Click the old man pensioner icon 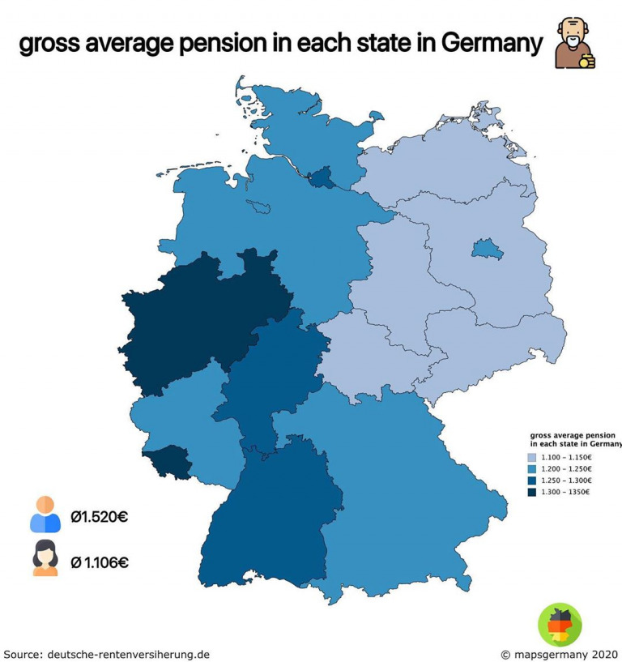click(x=575, y=45)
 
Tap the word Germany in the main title click(x=490, y=45)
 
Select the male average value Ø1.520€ click(x=99, y=517)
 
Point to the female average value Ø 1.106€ click(x=100, y=562)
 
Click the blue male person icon click(x=45, y=515)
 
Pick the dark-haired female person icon click(x=45, y=557)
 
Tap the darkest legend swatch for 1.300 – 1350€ click(x=530, y=492)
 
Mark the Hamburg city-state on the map click(x=322, y=178)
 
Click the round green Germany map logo click(x=560, y=625)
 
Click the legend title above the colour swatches click(x=573, y=438)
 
